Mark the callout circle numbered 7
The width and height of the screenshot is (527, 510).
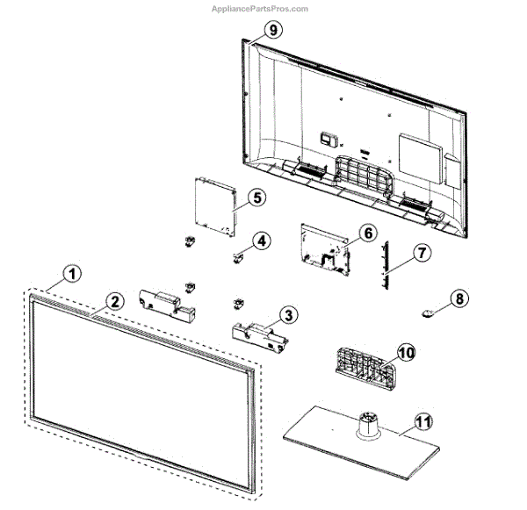(421, 253)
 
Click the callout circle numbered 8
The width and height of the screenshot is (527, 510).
(458, 298)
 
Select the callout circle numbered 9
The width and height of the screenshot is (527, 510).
(272, 30)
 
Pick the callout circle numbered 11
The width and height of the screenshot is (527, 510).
(423, 420)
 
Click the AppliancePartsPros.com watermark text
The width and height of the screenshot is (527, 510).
(260, 9)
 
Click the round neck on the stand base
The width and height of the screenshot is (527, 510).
(365, 424)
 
